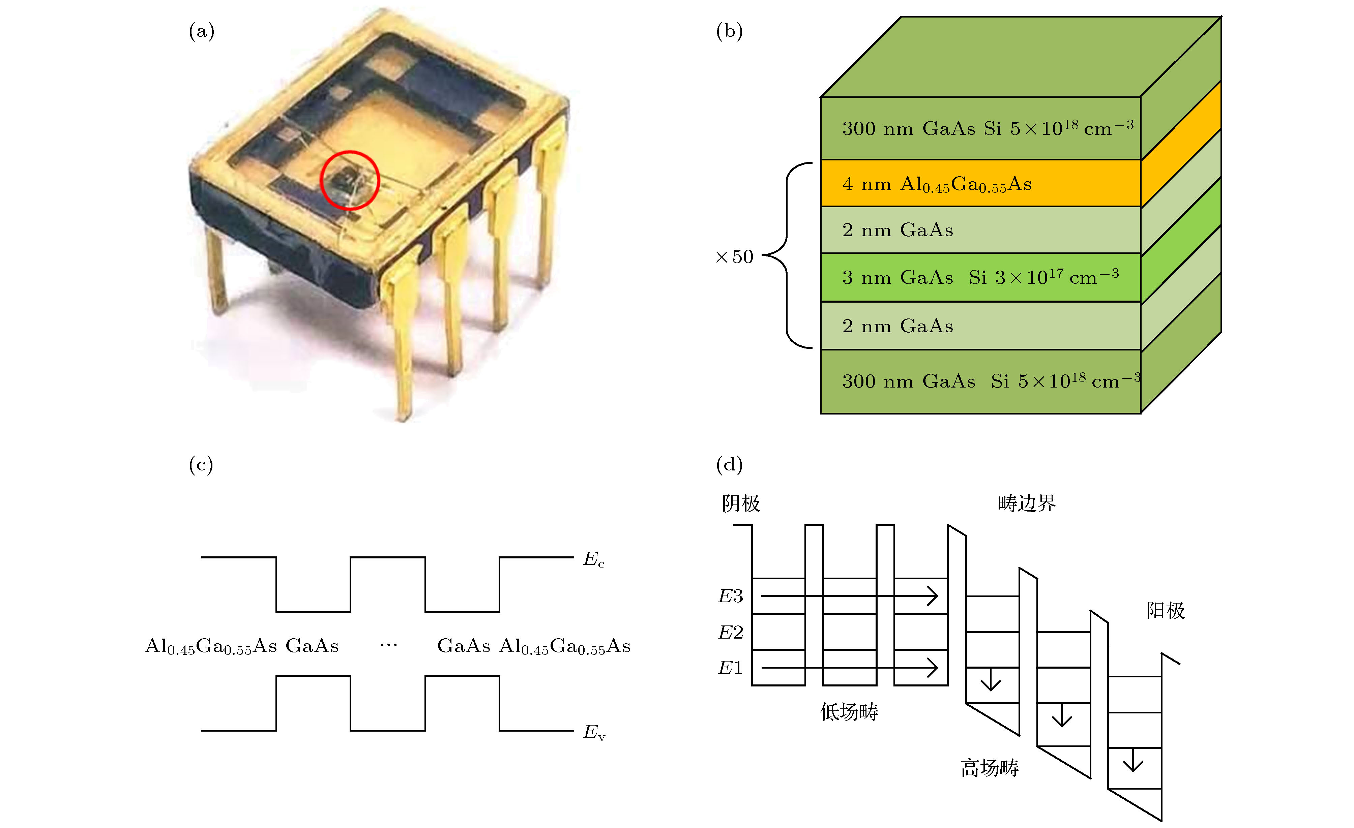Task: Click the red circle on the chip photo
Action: [350, 180]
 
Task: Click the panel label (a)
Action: [201, 31]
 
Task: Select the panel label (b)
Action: [729, 31]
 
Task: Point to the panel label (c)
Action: [201, 465]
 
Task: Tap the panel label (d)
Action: [729, 465]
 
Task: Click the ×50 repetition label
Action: [734, 256]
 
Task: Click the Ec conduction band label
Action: [593, 559]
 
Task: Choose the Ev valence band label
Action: [593, 732]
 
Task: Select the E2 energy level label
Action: [730, 633]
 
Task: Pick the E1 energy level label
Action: [730, 668]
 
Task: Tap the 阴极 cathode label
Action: [741, 503]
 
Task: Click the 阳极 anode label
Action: [1165, 610]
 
